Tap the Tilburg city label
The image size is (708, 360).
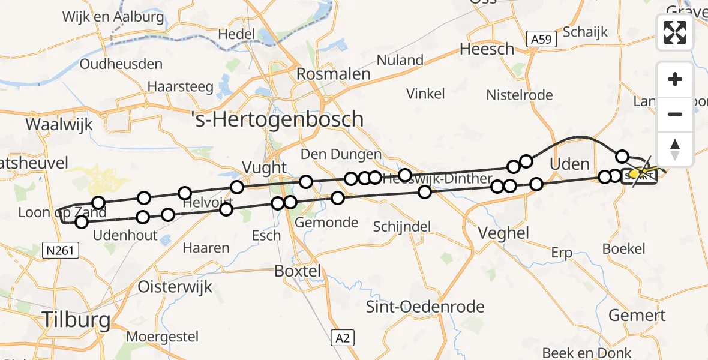76,319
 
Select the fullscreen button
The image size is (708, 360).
675,32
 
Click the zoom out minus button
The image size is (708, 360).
675,114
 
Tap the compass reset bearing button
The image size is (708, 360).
675,149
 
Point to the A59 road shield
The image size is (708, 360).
542,40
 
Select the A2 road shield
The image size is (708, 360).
343,338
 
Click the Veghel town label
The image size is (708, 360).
503,233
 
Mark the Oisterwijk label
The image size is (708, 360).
175,286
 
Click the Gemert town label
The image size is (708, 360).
637,315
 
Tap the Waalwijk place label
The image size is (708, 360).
59,125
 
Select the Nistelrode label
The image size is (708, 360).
520,95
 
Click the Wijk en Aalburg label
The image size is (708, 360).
113,17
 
